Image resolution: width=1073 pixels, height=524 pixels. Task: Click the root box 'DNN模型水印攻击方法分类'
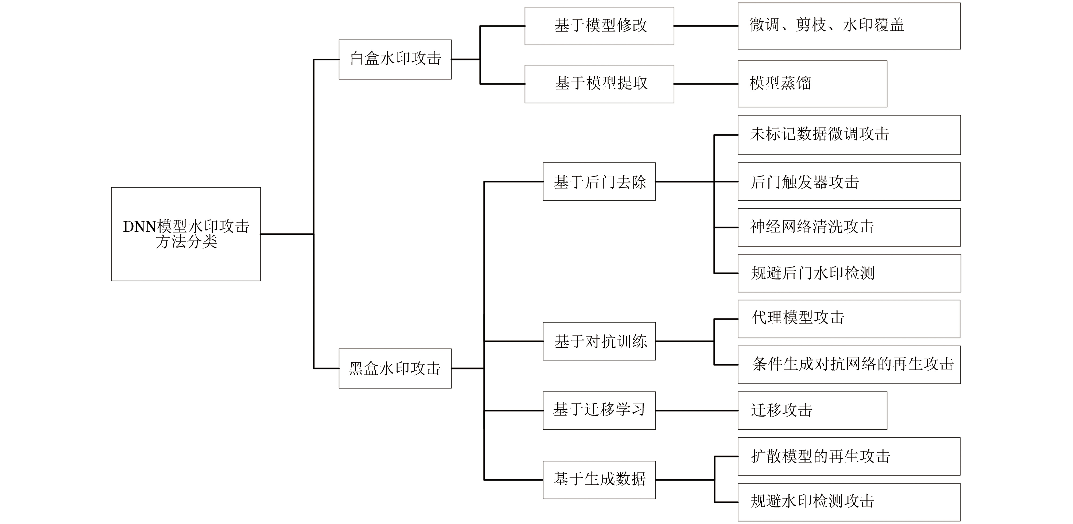[186, 234]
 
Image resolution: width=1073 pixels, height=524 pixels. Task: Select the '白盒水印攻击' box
[395, 59]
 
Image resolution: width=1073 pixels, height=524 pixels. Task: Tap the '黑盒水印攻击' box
[395, 368]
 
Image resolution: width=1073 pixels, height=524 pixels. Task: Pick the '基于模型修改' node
[599, 26]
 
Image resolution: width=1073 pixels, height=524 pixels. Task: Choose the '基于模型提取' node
[599, 84]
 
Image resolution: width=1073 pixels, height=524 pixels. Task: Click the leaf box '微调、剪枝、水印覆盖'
[849, 26]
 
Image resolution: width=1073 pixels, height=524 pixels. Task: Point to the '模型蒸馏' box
[812, 84]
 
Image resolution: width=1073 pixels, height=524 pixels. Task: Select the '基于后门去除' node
[599, 182]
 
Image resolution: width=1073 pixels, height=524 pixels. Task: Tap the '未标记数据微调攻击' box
[849, 135]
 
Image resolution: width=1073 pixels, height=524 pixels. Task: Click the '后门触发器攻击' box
[849, 182]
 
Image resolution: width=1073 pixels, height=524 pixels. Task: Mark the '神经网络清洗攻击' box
[849, 227]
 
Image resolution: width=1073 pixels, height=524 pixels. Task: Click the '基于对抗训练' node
[599, 341]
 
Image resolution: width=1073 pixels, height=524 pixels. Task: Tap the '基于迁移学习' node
[599, 410]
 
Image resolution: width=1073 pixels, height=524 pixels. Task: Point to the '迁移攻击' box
[812, 410]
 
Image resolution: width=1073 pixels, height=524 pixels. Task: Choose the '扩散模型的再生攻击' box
[849, 456]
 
